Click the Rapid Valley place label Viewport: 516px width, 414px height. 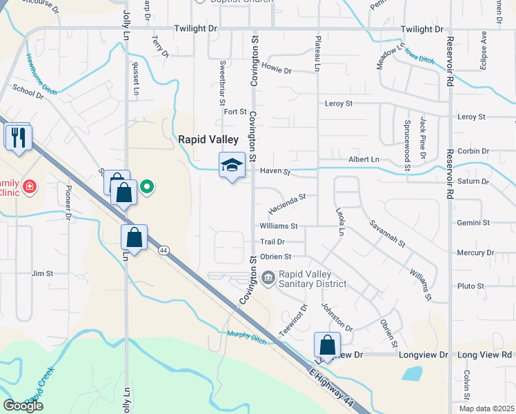[x=208, y=139]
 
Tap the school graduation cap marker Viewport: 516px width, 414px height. [x=232, y=165]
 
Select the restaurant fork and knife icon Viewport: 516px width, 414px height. [x=19, y=137]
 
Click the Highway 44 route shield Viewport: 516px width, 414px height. [x=163, y=250]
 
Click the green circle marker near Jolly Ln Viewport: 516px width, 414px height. [x=146, y=186]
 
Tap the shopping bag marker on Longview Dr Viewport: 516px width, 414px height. [x=327, y=345]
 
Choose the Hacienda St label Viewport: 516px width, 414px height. [x=288, y=201]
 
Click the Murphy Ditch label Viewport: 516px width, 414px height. [x=247, y=336]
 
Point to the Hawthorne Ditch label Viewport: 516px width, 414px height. [x=41, y=74]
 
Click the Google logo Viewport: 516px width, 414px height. [x=23, y=405]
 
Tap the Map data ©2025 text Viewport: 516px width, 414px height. [x=486, y=408]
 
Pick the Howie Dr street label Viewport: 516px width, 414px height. [x=277, y=70]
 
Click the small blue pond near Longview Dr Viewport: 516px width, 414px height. [x=413, y=374]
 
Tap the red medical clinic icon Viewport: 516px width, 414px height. [x=29, y=186]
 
